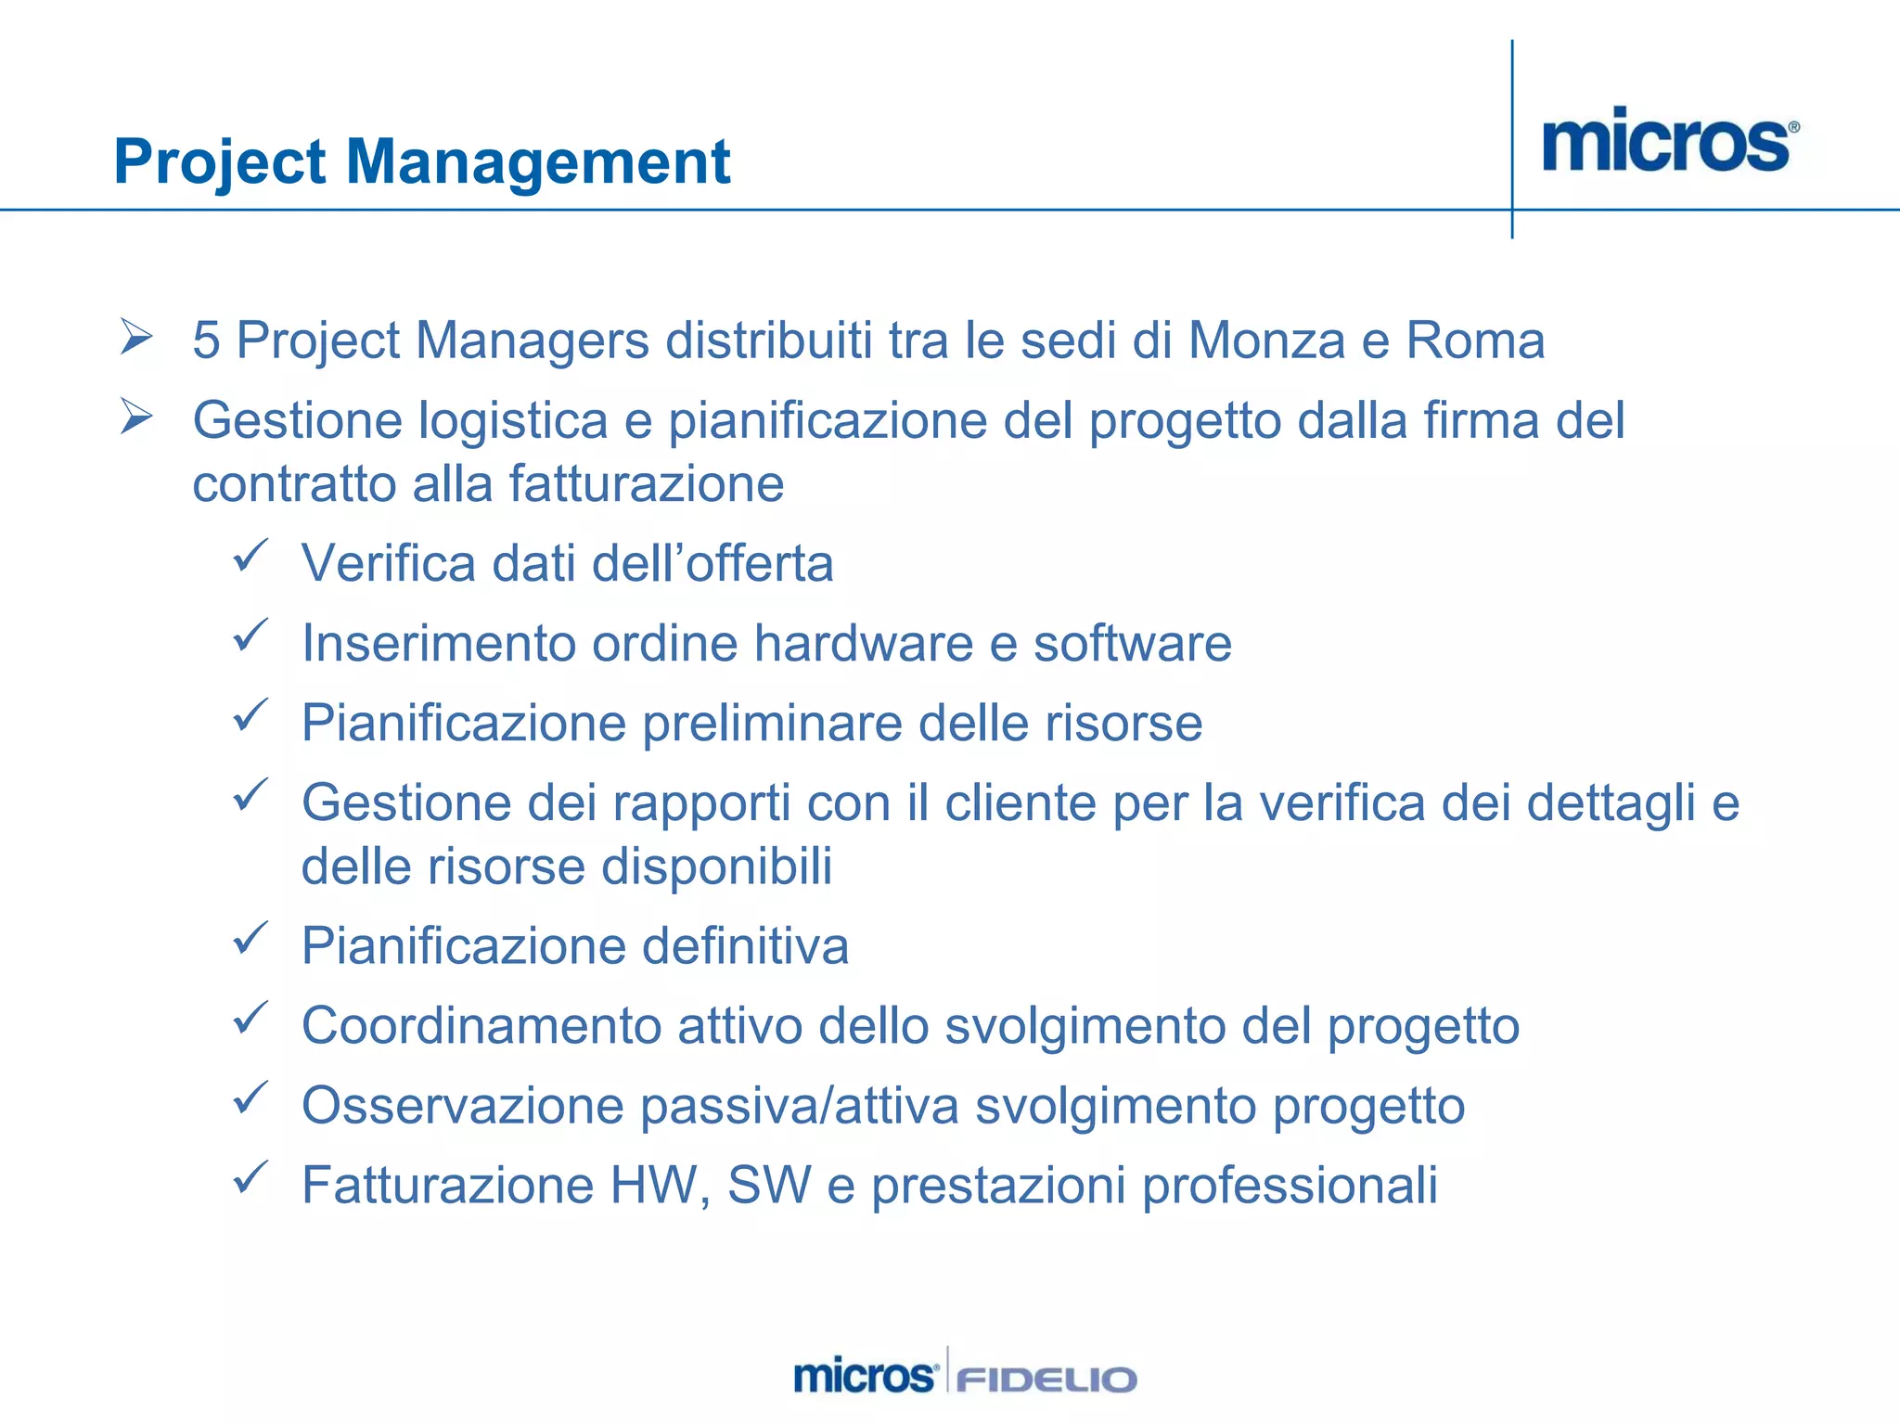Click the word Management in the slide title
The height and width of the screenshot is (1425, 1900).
click(538, 162)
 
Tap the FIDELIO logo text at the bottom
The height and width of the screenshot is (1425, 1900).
click(1046, 1379)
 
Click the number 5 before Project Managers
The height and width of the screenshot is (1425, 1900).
click(206, 340)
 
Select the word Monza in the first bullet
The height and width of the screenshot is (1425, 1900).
click(1266, 340)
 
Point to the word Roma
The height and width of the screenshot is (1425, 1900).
click(1475, 340)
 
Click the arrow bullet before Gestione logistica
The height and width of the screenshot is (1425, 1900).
click(136, 417)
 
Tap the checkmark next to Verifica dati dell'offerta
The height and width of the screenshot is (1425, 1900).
click(250, 556)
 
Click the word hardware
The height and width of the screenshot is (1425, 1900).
click(863, 643)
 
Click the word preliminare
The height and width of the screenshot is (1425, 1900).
click(772, 723)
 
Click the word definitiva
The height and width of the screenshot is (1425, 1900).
click(745, 946)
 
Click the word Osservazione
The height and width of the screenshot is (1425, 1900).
click(463, 1106)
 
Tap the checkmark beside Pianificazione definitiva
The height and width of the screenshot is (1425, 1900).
click(250, 939)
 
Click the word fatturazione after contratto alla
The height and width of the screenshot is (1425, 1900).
click(646, 484)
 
